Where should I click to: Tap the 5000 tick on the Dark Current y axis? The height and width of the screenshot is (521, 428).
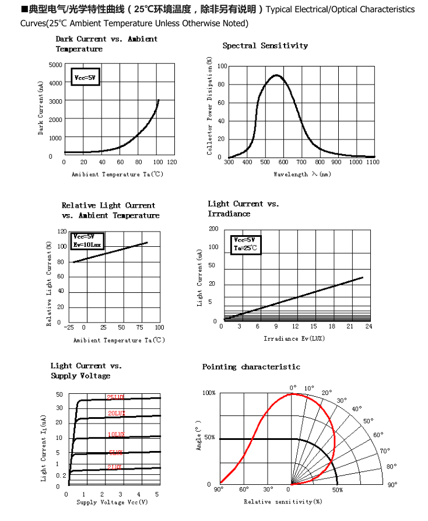point(55,65)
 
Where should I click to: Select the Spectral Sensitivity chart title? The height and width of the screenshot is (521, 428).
point(265,46)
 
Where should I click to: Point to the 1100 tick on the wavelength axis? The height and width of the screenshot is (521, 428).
point(373,162)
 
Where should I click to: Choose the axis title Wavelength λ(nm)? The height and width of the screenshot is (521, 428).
point(301,174)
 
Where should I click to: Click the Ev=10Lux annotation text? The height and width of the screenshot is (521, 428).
point(87,244)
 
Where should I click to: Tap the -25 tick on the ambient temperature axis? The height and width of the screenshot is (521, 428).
point(69,328)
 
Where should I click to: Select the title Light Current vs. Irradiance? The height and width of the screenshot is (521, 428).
point(243,208)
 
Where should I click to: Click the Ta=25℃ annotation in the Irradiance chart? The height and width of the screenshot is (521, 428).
point(245,248)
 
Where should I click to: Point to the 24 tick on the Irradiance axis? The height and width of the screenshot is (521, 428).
point(369,327)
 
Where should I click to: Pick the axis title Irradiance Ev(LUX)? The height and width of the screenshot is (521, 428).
point(294,338)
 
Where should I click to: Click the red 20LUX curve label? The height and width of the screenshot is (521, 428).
point(116,413)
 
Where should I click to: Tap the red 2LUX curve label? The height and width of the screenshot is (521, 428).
point(114,467)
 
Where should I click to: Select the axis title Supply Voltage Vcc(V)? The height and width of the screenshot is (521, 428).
point(112,502)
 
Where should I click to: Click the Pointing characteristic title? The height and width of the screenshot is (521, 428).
point(251,367)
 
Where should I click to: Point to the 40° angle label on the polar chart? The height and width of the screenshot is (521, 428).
point(356,409)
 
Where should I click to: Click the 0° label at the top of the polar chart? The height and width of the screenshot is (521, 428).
point(293,387)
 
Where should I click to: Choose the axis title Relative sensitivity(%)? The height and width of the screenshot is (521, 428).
point(283,501)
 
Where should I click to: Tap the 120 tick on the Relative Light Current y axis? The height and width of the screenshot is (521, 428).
point(62,232)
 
